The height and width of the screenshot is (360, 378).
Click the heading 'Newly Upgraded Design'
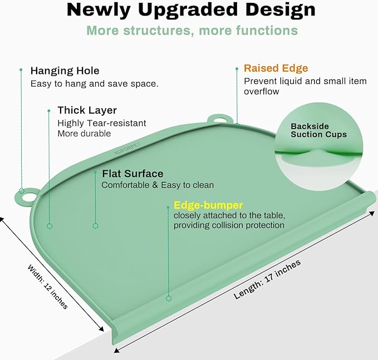pyautogui.click(x=191, y=9)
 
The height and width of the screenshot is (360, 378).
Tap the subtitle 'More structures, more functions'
pyautogui.click(x=192, y=31)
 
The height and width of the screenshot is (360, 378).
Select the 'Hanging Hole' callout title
pyautogui.click(x=65, y=71)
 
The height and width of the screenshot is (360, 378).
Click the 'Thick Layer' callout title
pyautogui.click(x=87, y=110)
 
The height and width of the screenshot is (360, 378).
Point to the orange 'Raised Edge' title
pyautogui.click(x=276, y=68)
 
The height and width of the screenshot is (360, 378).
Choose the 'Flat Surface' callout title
pyautogui.click(x=132, y=174)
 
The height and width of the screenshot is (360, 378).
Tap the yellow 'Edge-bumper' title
pyautogui.click(x=208, y=205)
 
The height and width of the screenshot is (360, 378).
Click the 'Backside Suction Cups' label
pyautogui.click(x=318, y=130)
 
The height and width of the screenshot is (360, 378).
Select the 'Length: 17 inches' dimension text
pyautogui.click(x=267, y=279)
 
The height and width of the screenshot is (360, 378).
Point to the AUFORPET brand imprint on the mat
pyautogui.click(x=127, y=149)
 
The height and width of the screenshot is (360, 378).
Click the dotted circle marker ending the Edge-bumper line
pyautogui.click(x=169, y=299)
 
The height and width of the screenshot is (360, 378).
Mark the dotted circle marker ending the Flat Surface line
pyautogui.click(x=95, y=226)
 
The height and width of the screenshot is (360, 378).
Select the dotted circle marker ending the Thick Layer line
pyautogui.click(x=50, y=226)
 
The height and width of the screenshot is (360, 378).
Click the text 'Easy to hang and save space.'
pyautogui.click(x=94, y=84)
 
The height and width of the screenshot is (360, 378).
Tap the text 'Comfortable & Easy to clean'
pyautogui.click(x=158, y=185)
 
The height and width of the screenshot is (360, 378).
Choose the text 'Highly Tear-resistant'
pyautogui.click(x=102, y=123)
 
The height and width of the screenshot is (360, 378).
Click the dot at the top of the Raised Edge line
pyautogui.click(x=237, y=68)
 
